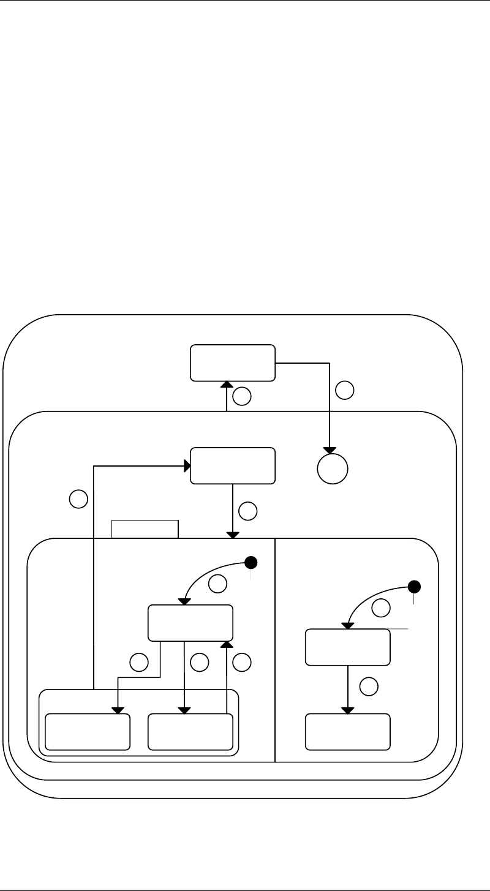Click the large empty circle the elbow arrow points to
333,469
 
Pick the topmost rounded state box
233,362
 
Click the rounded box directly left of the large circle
233,466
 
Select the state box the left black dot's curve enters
191,622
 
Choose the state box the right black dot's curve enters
348,647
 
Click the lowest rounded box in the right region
348,731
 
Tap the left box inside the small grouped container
88,731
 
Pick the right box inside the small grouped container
191,731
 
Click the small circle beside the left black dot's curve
217,584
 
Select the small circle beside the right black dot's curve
381,608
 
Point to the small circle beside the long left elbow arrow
78,499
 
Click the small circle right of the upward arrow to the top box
243,397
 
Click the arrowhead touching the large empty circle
331,450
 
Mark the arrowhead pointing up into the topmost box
227,384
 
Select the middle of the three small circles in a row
200,661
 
